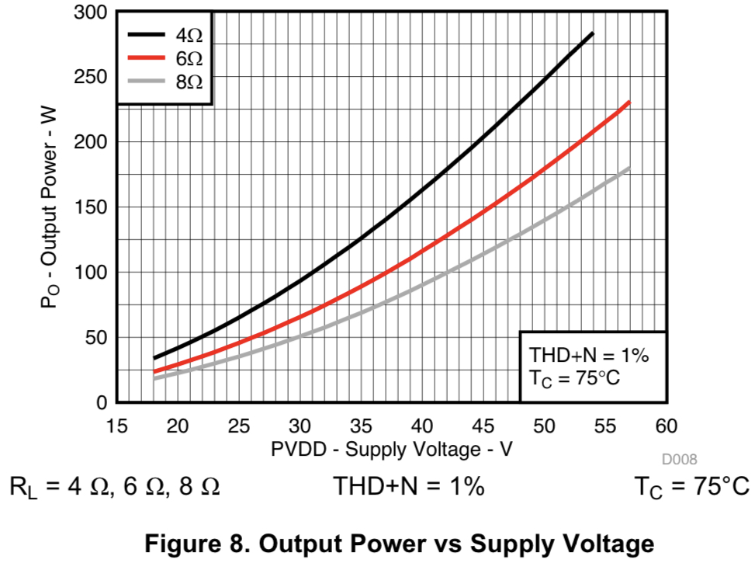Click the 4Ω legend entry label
(189, 34)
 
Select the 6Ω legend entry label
(189, 57)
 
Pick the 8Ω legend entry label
(189, 81)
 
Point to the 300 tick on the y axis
(92, 12)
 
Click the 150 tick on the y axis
(92, 207)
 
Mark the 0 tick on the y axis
(101, 402)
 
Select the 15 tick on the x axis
(116, 426)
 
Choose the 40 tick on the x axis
(422, 426)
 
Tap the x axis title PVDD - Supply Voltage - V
(391, 449)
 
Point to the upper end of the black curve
(593, 33)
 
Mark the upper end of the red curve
(629, 102)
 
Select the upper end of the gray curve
(629, 167)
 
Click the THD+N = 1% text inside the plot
(588, 356)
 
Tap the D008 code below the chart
(679, 460)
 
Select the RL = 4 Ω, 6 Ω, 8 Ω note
(114, 487)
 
